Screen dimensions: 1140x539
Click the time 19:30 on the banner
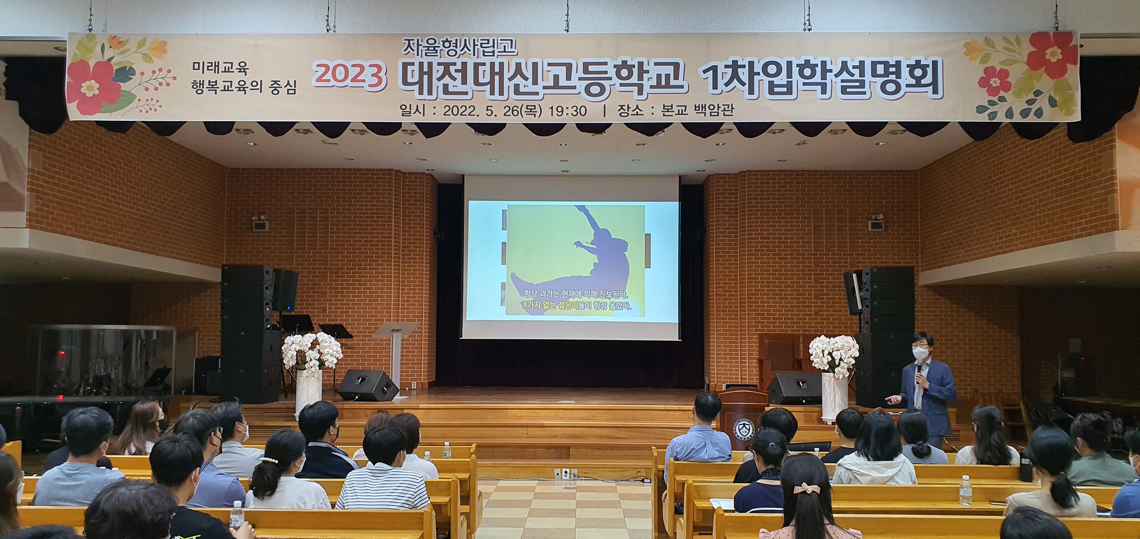click(x=567, y=110)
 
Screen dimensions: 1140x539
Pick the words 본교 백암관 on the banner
click(x=698, y=110)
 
